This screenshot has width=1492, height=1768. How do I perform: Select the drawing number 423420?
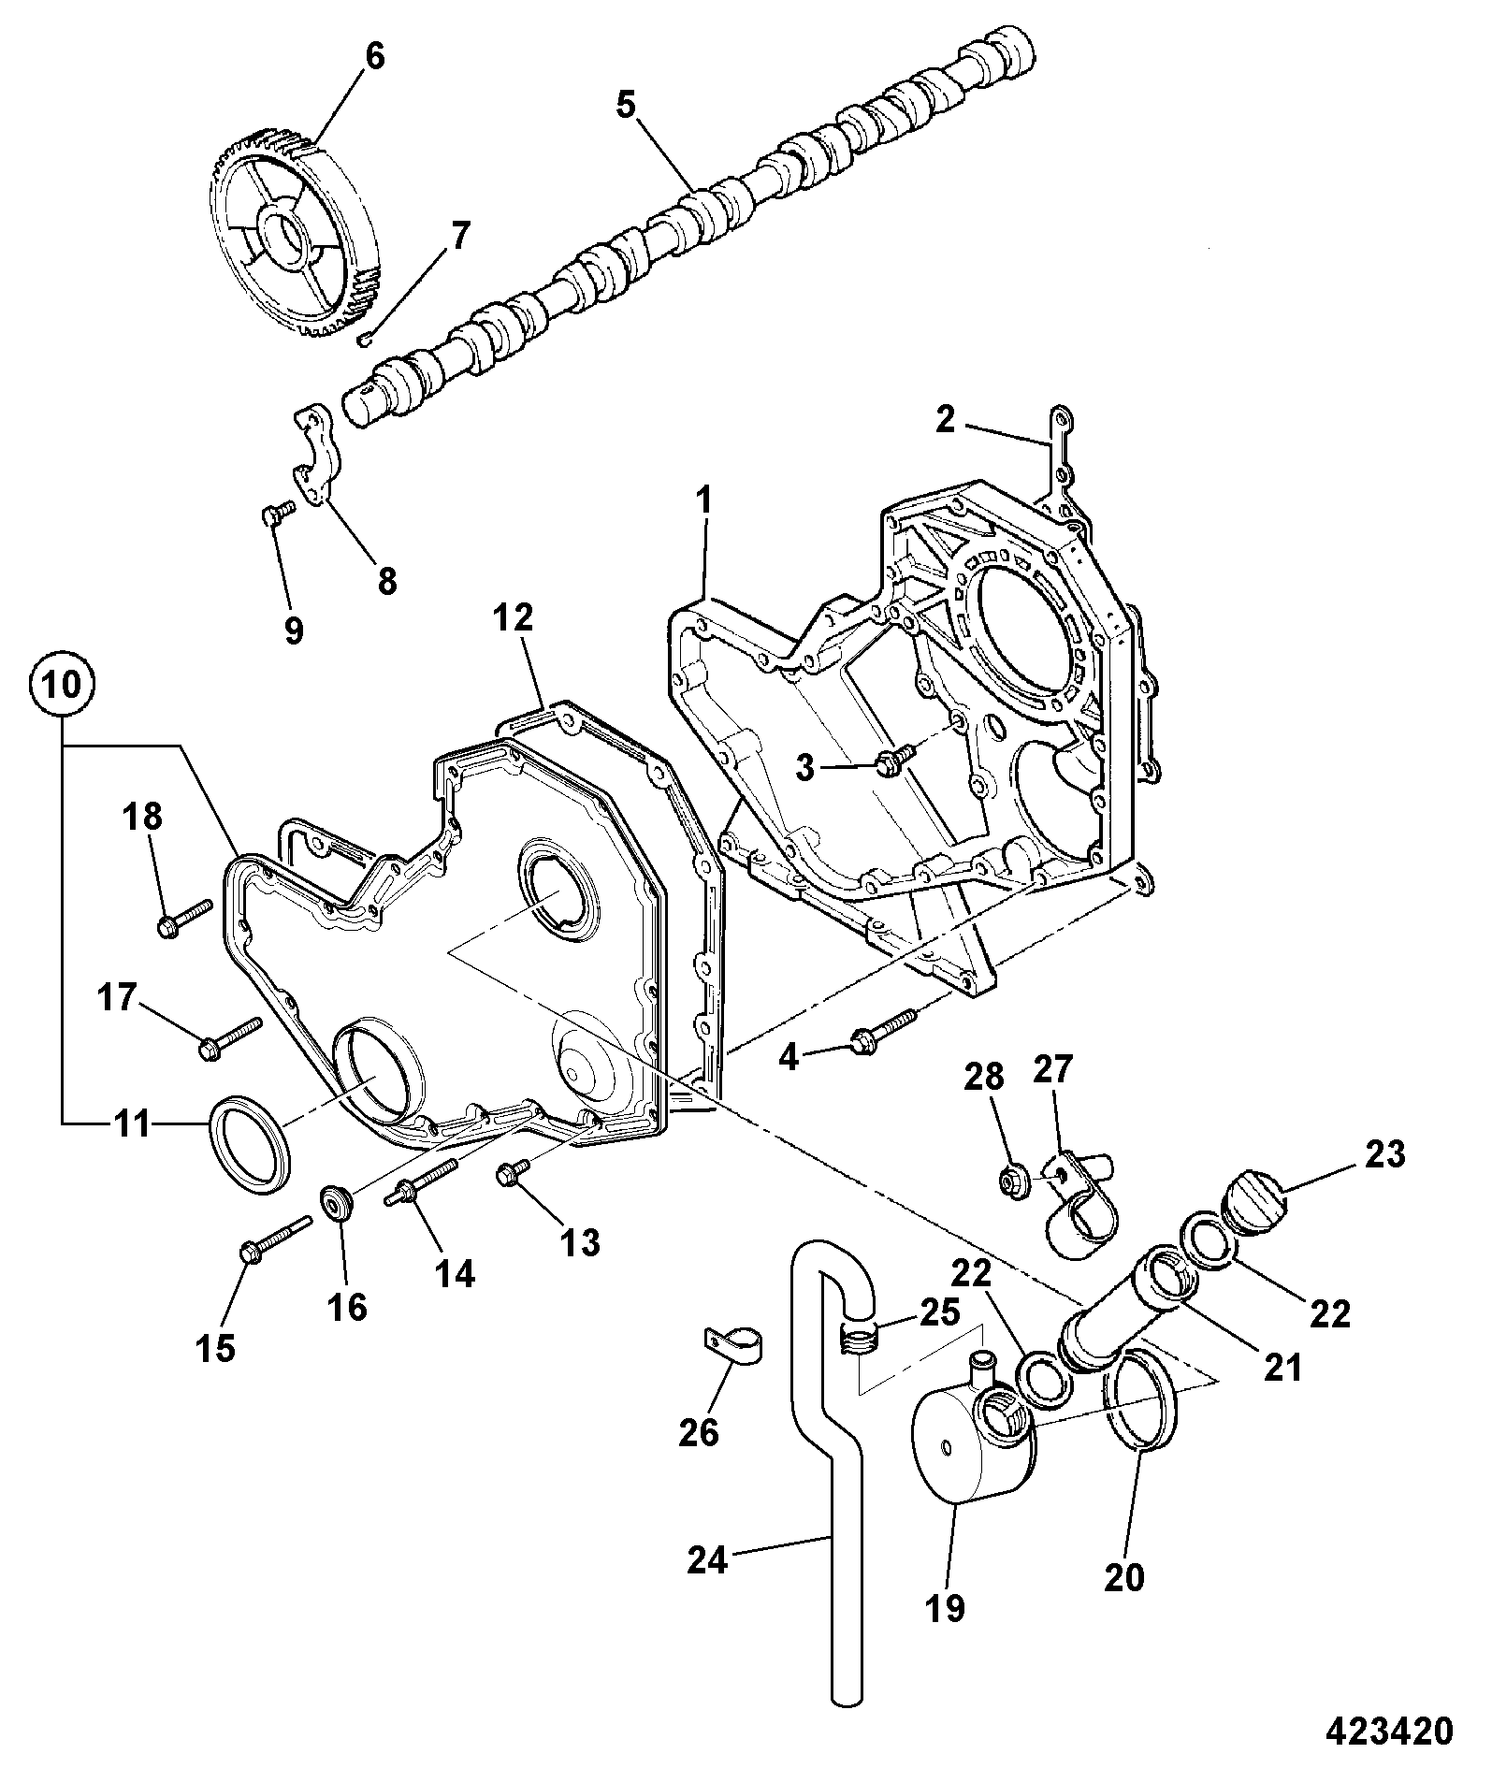tap(1389, 1730)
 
